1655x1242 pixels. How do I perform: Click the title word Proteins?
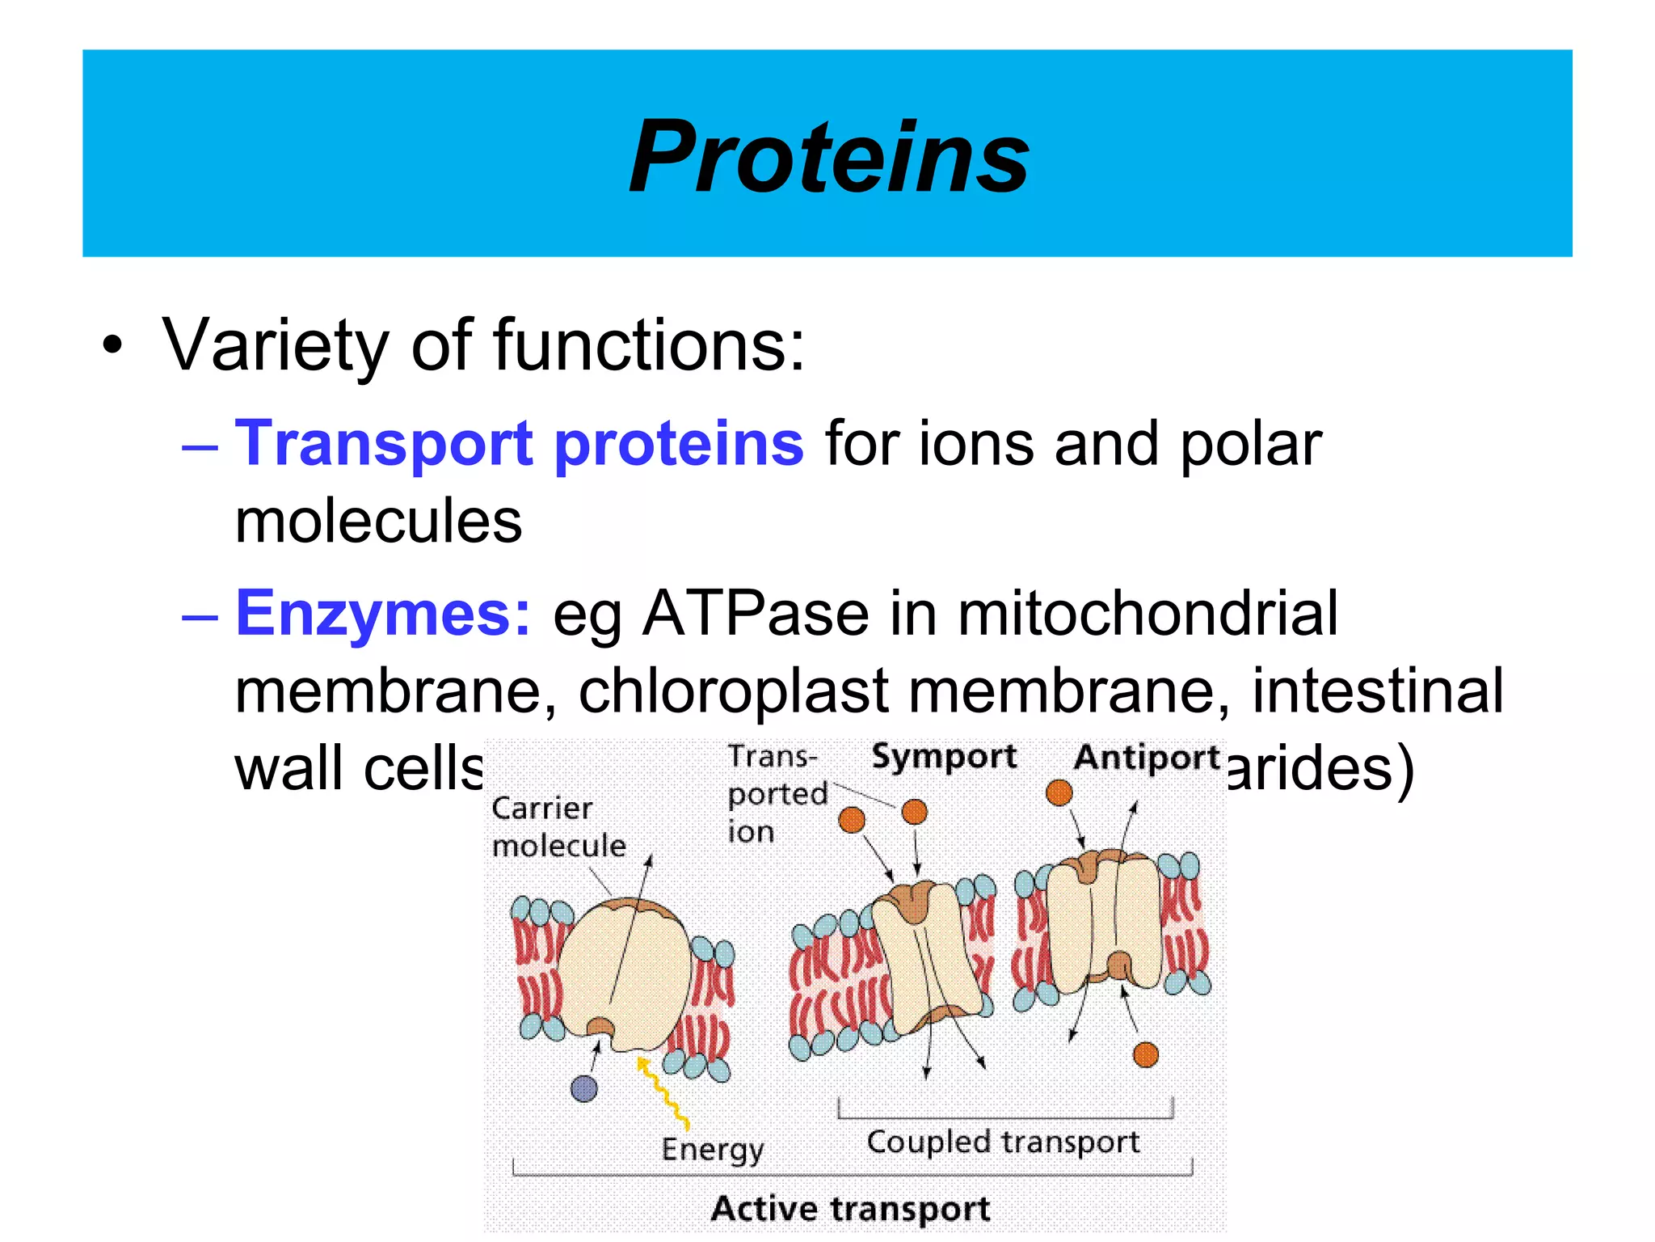(x=829, y=157)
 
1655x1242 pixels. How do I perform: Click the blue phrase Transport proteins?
(x=519, y=444)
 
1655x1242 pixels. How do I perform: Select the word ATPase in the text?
(x=756, y=614)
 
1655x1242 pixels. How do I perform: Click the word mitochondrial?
(x=1148, y=614)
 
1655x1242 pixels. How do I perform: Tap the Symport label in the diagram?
(x=943, y=757)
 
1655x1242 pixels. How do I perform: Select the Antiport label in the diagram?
(x=1146, y=758)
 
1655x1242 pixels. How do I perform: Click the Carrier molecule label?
(x=558, y=826)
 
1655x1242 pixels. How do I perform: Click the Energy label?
(x=712, y=1149)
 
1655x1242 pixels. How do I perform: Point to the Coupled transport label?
(x=1003, y=1142)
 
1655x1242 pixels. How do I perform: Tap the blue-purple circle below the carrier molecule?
(x=583, y=1088)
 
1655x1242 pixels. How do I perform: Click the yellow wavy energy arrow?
(x=663, y=1092)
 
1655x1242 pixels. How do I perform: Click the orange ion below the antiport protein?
(x=1145, y=1054)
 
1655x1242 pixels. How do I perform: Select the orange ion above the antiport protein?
(x=1059, y=792)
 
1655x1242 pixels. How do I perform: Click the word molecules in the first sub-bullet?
(x=378, y=522)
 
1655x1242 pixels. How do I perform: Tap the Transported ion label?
(x=776, y=794)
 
